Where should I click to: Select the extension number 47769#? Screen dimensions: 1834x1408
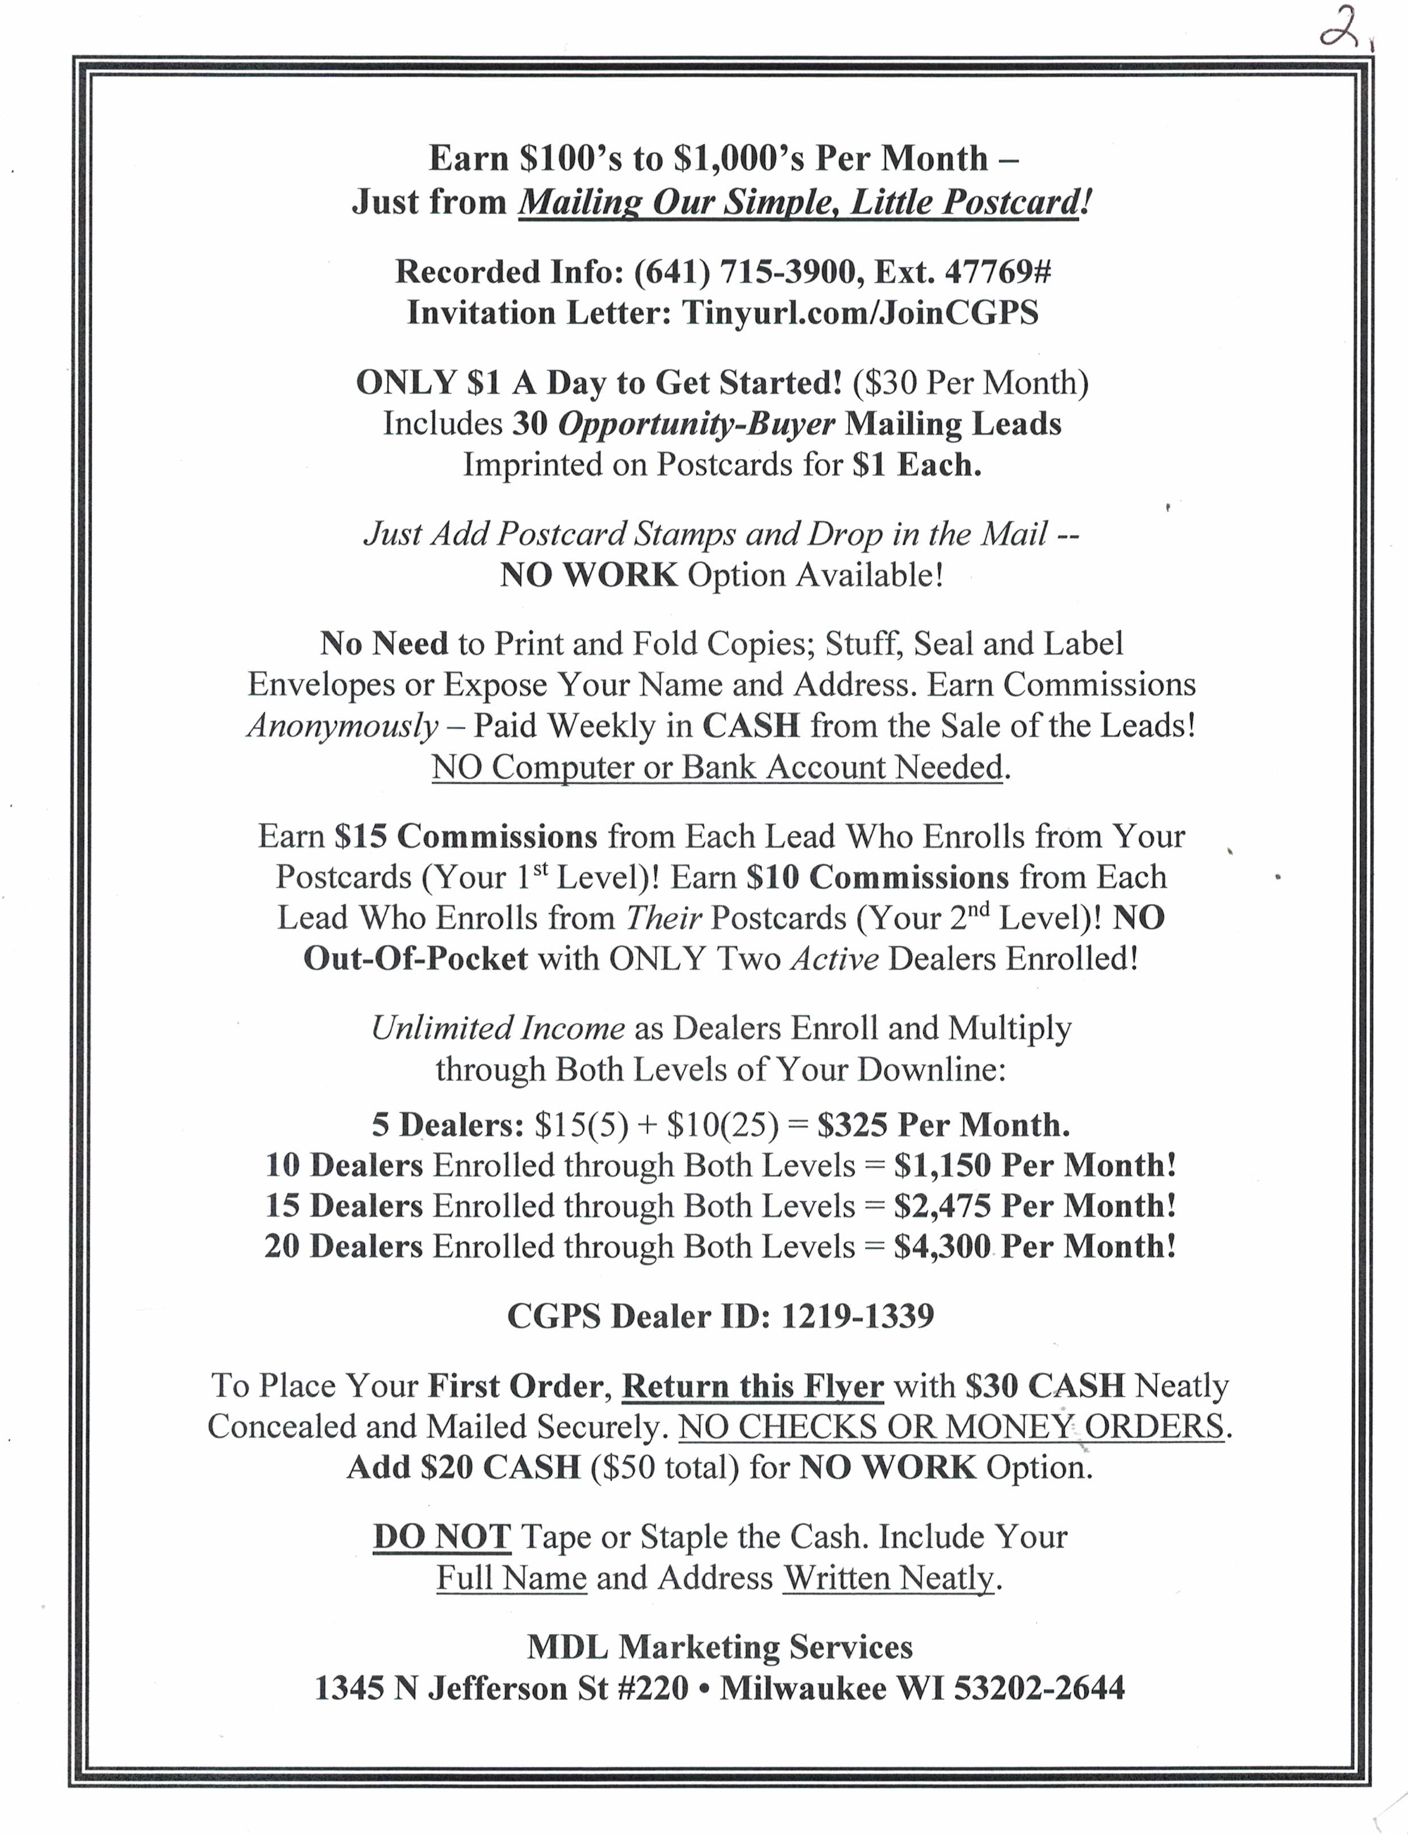tap(997, 271)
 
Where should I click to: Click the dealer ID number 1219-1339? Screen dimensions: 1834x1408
tap(858, 1316)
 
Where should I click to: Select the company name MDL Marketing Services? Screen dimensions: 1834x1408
tap(719, 1647)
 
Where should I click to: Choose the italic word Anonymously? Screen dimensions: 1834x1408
tap(342, 726)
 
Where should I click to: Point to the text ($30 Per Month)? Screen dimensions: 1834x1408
tap(971, 382)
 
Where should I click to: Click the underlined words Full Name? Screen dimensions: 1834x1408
tap(511, 1578)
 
